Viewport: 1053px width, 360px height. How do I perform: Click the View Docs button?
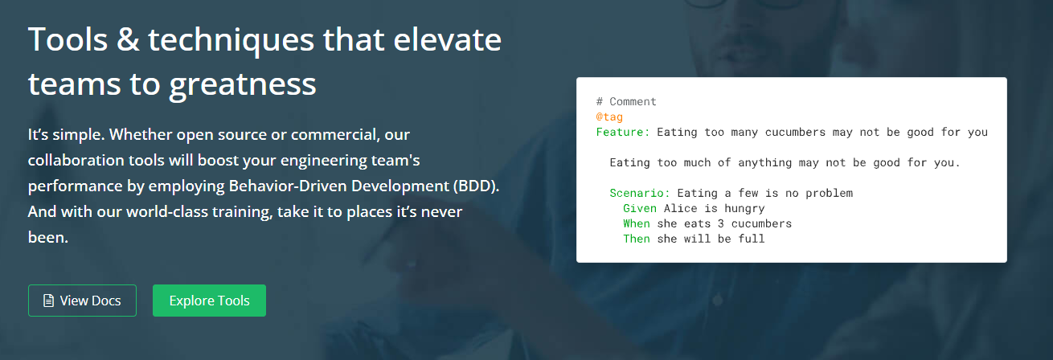82,301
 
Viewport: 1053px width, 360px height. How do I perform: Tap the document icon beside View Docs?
48,301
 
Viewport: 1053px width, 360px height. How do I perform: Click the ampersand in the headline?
128,39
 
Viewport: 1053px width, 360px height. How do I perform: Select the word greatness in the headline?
243,84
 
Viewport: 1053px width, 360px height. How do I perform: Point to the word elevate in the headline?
447,39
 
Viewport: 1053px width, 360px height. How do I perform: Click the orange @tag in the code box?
609,117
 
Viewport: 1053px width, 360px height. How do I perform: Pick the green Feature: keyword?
623,132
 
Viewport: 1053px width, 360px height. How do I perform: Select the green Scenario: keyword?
640,193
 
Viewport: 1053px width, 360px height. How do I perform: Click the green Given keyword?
640,208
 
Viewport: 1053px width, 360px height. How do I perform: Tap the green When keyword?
637,223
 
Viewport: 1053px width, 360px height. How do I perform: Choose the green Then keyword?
637,239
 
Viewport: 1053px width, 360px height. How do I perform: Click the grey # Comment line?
626,101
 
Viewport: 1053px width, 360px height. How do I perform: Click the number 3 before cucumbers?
721,223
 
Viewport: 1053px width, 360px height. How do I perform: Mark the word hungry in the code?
744,209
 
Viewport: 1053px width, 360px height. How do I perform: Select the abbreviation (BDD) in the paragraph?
476,186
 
